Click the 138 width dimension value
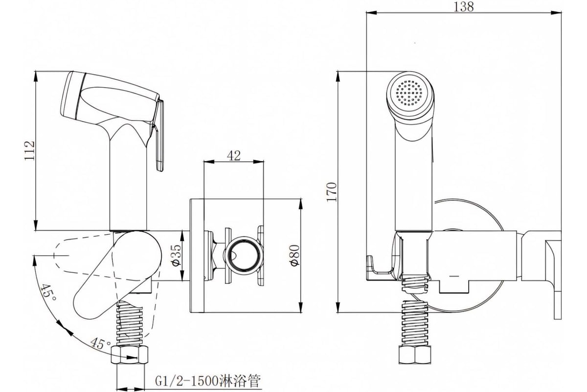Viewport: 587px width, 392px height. (x=464, y=7)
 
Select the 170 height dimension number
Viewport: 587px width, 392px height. (x=332, y=192)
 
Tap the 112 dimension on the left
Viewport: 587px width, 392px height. (x=29, y=151)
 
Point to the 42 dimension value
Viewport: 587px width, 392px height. (x=234, y=156)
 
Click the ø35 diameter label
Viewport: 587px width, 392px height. (x=177, y=255)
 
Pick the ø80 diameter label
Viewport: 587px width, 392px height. (x=295, y=255)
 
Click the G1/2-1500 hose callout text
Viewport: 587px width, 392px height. (x=208, y=381)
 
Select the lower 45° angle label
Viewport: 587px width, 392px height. (x=101, y=343)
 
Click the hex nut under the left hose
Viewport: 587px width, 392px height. (x=130, y=355)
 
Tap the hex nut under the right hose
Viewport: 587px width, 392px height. (x=415, y=355)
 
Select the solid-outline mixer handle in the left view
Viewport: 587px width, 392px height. (x=117, y=276)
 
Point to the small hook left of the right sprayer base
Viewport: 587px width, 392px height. (x=380, y=269)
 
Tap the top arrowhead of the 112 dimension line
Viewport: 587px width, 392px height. (x=36, y=76)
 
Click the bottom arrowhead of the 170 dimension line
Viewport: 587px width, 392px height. (x=339, y=307)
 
